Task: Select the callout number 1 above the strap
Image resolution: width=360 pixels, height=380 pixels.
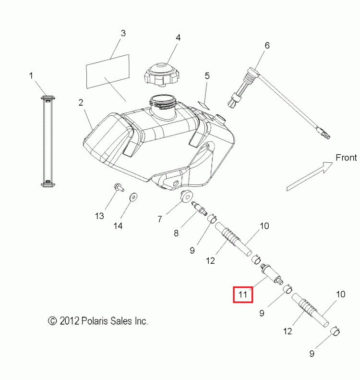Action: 31,75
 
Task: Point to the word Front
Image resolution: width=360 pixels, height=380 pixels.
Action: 346,158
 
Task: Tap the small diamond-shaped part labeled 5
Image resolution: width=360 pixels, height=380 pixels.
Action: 203,103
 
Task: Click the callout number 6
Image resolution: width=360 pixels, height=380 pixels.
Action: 267,46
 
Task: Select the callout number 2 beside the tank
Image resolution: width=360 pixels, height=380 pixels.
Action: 81,102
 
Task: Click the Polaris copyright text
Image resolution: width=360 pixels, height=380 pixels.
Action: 98,321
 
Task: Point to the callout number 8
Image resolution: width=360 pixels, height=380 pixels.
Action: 176,233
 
